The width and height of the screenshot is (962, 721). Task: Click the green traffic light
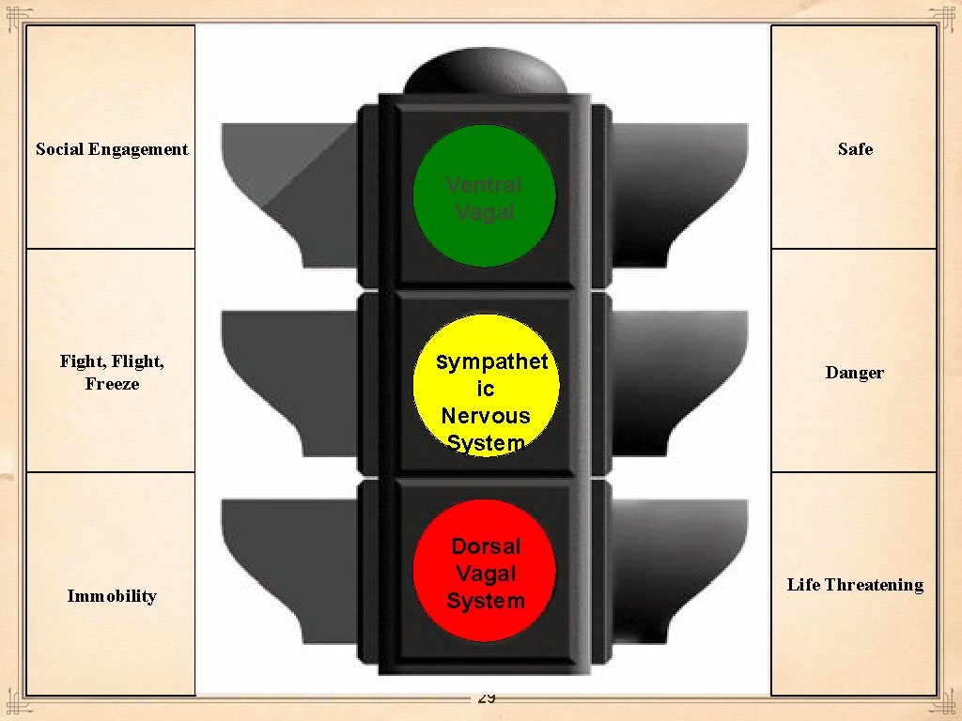click(485, 196)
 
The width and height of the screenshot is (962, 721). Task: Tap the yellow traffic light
click(486, 386)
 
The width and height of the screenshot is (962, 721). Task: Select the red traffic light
click(486, 571)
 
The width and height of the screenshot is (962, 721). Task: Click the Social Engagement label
click(112, 149)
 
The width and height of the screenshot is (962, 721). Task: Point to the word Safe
click(855, 149)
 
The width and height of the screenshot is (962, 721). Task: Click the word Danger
click(855, 373)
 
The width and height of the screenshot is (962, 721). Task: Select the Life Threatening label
click(855, 585)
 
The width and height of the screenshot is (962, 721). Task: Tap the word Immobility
click(112, 596)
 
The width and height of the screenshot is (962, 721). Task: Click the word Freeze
click(112, 384)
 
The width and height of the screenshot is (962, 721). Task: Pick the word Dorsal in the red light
click(486, 546)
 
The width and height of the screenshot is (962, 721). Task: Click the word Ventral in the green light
click(484, 185)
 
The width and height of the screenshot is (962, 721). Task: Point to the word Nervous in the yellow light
click(486, 415)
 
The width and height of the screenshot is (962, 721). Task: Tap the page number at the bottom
click(487, 698)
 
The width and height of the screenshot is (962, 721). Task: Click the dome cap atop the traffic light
click(485, 70)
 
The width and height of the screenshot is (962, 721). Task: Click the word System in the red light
click(486, 601)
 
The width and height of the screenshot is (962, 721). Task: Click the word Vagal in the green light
click(485, 213)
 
